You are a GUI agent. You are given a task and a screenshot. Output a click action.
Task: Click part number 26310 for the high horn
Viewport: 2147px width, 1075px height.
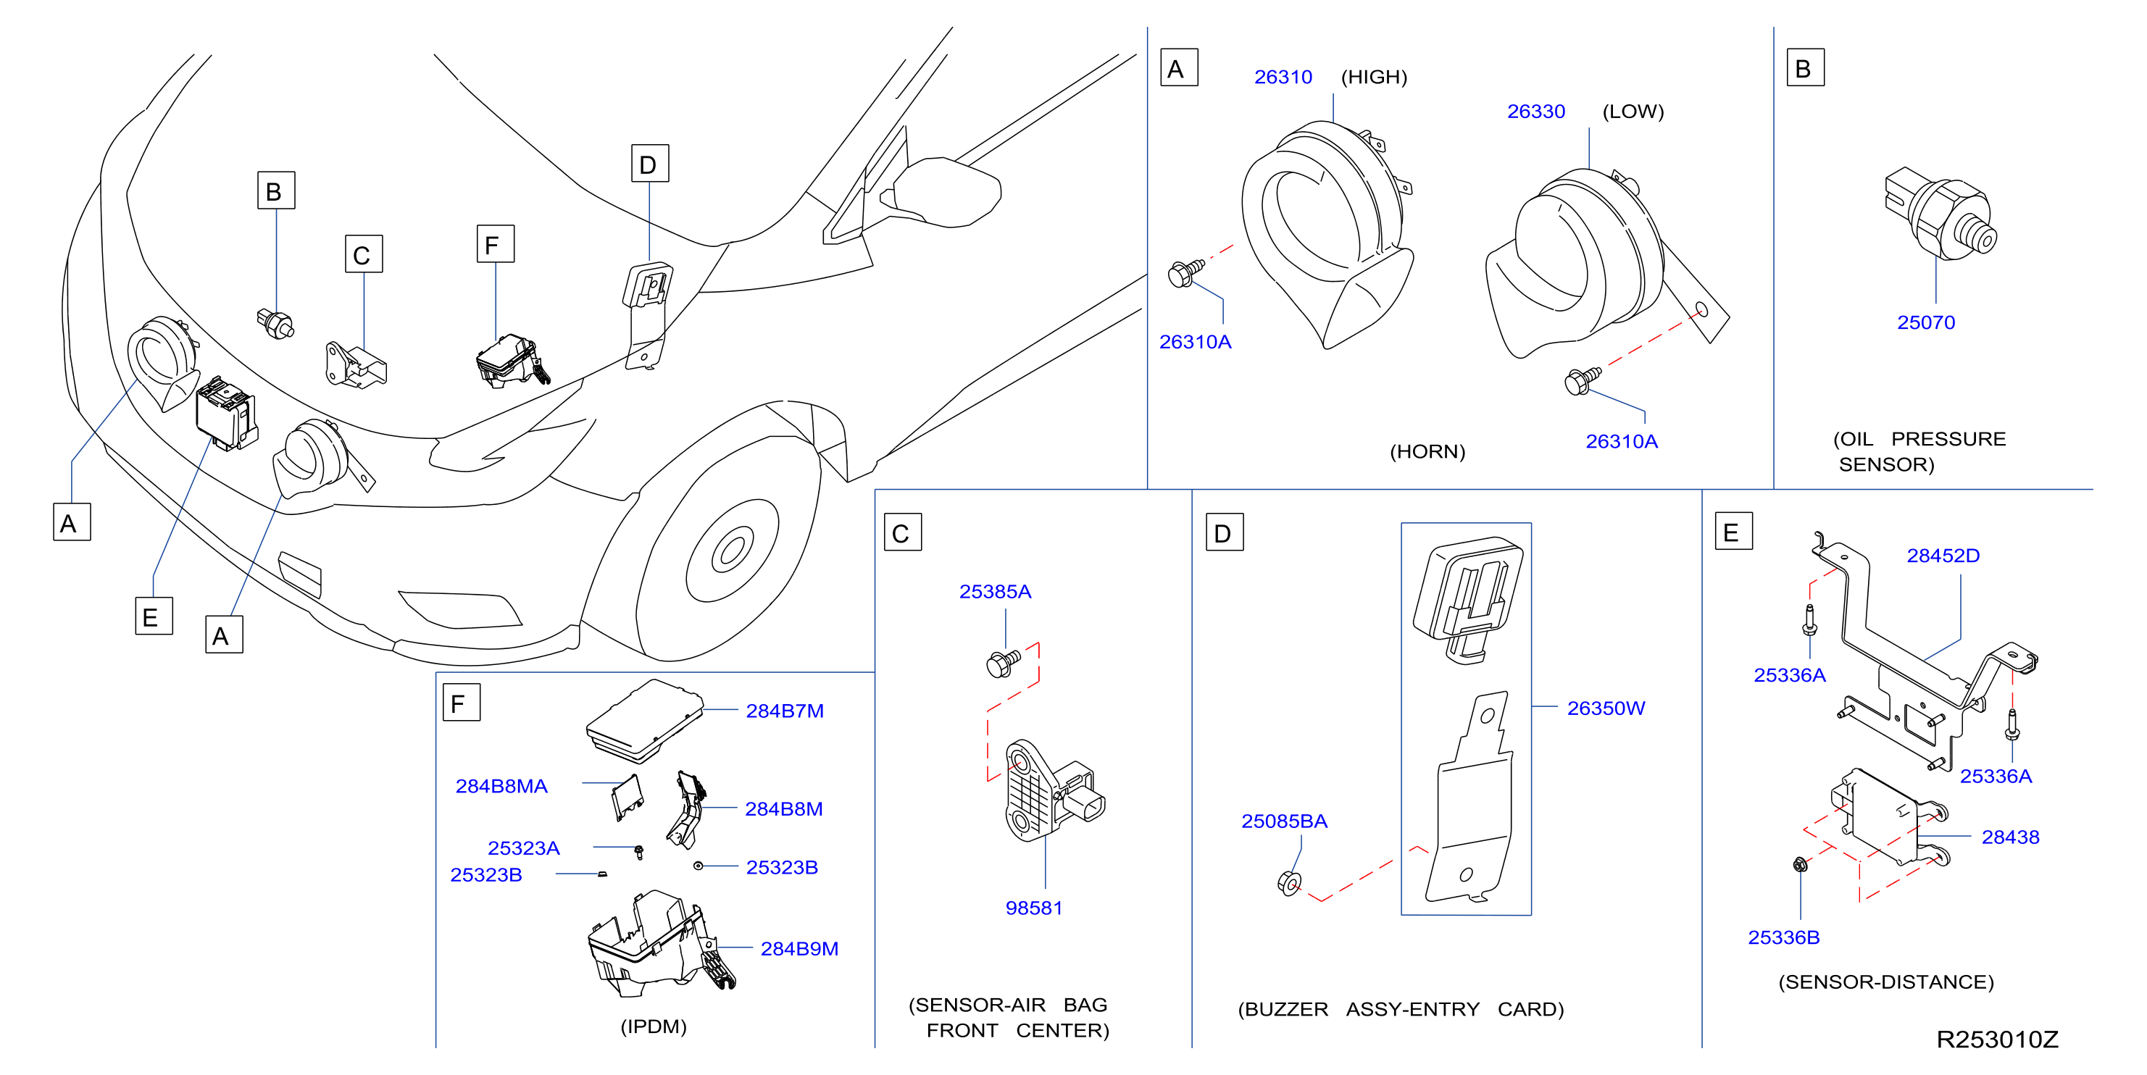[1283, 78]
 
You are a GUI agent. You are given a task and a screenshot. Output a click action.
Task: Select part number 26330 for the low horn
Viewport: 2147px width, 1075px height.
[1535, 112]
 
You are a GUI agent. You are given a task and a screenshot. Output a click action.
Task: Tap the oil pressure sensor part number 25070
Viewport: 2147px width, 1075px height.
[1925, 322]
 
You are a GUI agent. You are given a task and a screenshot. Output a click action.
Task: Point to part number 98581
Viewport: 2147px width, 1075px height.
[1033, 908]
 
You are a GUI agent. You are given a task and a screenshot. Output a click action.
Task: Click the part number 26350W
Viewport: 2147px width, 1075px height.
[1605, 708]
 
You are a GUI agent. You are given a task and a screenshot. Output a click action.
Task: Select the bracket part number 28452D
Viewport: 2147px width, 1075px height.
[1943, 556]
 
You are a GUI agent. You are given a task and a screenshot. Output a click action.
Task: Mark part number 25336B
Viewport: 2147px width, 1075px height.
[1783, 937]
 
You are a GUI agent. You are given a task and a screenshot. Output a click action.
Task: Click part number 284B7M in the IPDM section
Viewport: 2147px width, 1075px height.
[784, 711]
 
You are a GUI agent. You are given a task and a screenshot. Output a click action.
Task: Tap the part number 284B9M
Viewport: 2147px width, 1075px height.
[799, 948]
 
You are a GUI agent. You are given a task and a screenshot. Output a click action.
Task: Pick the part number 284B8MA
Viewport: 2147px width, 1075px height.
[501, 786]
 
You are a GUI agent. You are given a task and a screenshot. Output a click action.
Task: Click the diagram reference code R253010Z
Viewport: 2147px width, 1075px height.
[1997, 1040]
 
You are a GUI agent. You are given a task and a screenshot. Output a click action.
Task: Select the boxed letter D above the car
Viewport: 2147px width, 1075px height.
[649, 164]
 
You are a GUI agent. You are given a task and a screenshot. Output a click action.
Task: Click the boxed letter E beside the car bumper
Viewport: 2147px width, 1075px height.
[154, 616]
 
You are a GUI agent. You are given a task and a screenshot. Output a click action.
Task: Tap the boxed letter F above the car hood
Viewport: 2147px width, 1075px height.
[495, 244]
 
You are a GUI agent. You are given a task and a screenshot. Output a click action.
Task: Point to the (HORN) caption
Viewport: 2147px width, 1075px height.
[1427, 452]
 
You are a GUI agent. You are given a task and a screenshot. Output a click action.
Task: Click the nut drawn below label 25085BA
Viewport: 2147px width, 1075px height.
[1288, 882]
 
